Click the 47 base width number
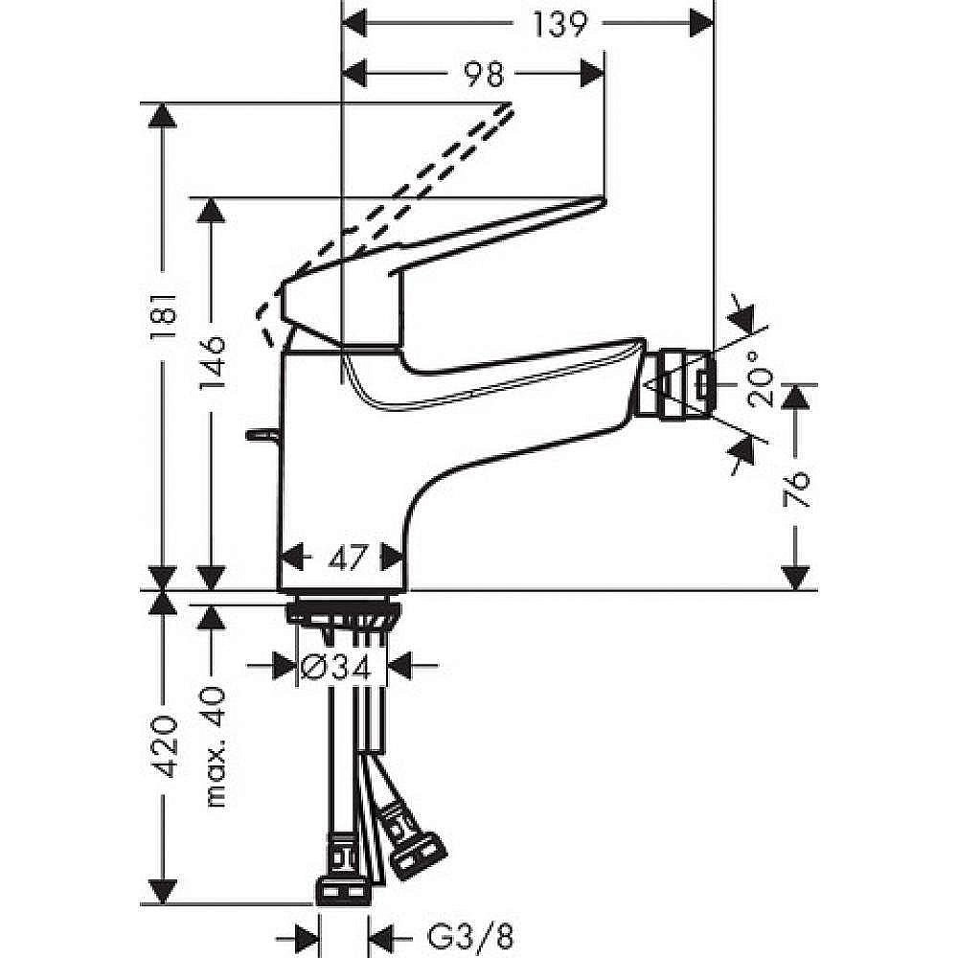point(342,557)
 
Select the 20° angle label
point(763,385)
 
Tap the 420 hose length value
point(164,746)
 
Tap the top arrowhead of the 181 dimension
point(164,116)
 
